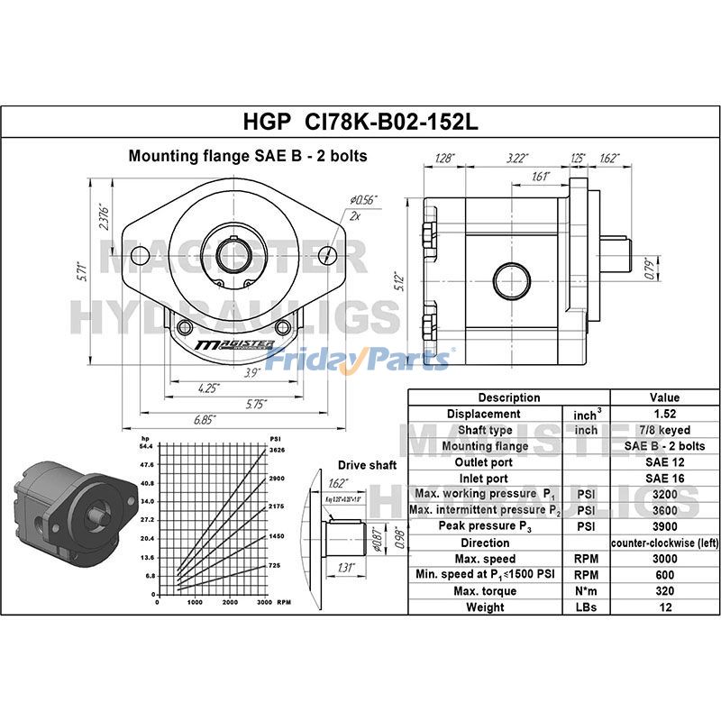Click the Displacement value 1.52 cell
click(x=664, y=414)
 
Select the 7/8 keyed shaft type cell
click(x=664, y=430)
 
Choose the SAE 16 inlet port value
click(x=664, y=479)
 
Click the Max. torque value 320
click(x=664, y=590)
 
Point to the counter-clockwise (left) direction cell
click(x=664, y=543)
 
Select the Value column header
click(x=664, y=397)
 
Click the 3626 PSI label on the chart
click(x=277, y=448)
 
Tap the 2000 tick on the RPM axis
click(x=230, y=602)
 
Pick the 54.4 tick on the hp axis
click(x=147, y=446)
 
